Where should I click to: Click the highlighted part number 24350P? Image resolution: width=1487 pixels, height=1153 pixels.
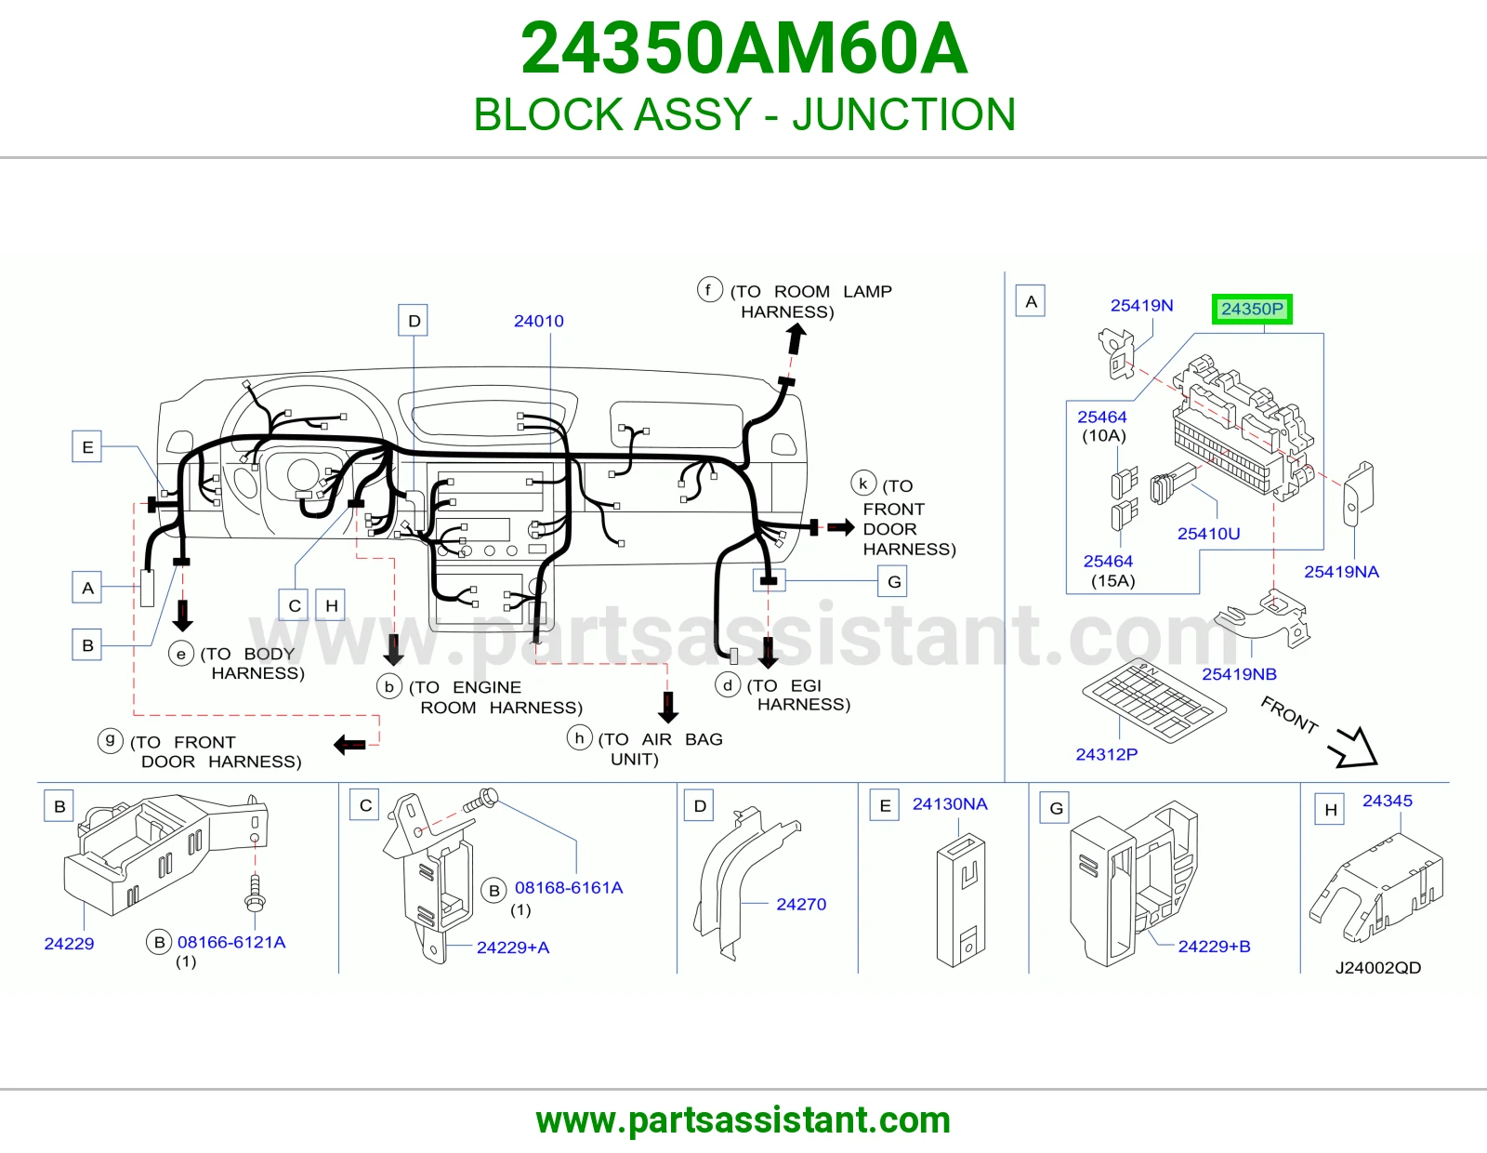click(1252, 309)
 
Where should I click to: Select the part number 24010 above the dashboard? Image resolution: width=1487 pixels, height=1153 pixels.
click(538, 321)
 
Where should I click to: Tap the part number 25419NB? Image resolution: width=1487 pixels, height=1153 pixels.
click(1239, 674)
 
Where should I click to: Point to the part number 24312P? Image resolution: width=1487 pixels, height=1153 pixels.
click(1107, 754)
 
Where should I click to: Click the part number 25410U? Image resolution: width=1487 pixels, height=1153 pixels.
click(1208, 534)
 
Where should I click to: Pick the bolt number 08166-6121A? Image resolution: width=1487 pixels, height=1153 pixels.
click(231, 942)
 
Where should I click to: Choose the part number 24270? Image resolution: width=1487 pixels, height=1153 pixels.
click(801, 905)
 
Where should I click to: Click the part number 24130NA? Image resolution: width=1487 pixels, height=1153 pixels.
click(950, 804)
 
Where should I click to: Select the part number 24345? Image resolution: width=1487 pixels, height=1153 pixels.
click(1387, 802)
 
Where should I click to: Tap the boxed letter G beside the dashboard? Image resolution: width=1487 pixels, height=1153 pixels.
click(893, 581)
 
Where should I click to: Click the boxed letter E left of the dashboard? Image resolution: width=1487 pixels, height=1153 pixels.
click(87, 446)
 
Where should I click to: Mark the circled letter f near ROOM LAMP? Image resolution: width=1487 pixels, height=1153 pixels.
click(709, 289)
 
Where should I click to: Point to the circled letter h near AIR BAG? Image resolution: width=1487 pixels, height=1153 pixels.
click(579, 737)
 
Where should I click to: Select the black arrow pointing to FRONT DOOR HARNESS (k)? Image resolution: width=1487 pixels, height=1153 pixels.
click(841, 527)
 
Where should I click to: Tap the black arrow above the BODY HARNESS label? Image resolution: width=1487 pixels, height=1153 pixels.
click(182, 616)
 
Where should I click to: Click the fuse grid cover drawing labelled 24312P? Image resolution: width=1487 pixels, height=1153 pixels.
click(1153, 701)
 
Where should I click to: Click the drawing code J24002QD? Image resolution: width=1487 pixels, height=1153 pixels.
click(1378, 968)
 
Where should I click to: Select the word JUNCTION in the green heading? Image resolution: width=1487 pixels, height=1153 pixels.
click(904, 114)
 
